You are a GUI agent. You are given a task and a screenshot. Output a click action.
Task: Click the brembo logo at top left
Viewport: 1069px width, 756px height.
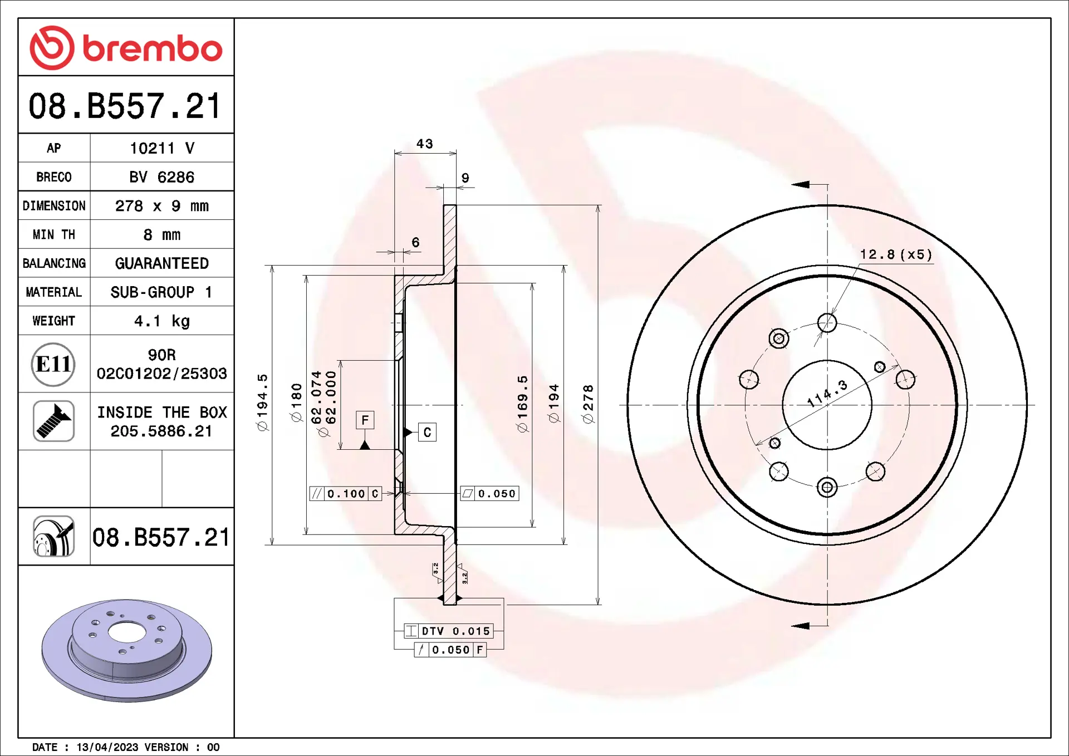126,48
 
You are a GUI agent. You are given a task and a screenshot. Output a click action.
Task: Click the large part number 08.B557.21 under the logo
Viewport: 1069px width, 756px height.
125,106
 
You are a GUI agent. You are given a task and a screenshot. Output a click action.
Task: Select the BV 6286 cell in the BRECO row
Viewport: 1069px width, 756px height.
161,177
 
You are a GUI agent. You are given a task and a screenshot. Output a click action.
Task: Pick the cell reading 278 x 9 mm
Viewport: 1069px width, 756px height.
161,206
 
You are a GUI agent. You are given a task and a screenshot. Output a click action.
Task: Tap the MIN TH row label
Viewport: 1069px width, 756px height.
54,235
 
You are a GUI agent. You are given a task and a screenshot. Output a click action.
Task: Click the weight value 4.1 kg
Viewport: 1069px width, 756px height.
161,321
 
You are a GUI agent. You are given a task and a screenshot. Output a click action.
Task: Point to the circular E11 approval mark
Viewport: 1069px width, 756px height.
53,365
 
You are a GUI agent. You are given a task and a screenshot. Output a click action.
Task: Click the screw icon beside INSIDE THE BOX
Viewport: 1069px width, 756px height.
53,421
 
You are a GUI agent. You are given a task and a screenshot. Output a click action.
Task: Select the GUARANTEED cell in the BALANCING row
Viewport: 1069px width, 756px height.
161,263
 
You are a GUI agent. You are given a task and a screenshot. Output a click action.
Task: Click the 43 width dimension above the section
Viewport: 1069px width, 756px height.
425,144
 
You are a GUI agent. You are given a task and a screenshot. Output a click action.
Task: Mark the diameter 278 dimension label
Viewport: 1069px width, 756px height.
588,404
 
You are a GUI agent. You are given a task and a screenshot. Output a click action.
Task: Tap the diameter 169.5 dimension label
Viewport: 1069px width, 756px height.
522,404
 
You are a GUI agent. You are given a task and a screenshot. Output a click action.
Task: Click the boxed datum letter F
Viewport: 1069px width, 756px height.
365,420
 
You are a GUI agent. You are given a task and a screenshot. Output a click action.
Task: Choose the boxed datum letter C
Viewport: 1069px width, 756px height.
427,433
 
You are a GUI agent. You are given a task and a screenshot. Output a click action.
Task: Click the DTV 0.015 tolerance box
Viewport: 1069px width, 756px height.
449,631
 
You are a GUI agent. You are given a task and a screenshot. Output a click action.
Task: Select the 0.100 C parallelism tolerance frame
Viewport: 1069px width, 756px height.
346,494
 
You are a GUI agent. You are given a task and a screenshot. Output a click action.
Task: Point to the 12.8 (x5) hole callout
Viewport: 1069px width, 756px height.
895,254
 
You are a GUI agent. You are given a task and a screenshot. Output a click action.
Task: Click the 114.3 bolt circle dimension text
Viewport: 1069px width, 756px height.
827,393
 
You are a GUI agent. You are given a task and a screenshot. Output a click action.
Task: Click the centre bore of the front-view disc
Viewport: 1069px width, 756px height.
827,412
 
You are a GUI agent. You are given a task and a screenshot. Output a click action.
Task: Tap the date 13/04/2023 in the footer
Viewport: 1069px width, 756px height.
107,747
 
